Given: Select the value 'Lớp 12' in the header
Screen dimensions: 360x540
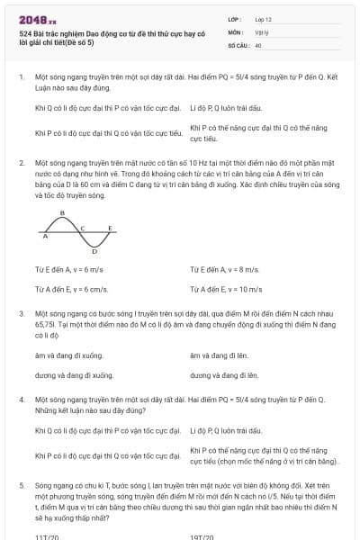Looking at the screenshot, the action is [264, 18].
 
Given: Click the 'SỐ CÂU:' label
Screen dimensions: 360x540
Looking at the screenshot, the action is [238, 43].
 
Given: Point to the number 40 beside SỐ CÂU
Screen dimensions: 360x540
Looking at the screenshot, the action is [258, 43].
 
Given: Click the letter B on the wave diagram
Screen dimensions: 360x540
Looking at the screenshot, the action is [61, 213].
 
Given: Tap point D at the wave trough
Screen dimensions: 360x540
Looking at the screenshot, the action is [94, 253].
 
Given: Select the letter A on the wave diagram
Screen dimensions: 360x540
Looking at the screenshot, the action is [45, 237].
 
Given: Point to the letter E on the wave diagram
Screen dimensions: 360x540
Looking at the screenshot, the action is [110, 228].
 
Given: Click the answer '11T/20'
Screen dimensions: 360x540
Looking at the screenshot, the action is [47, 536].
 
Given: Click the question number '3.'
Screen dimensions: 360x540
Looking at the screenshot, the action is [22, 312].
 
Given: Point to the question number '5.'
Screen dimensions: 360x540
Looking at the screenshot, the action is [22, 484].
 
